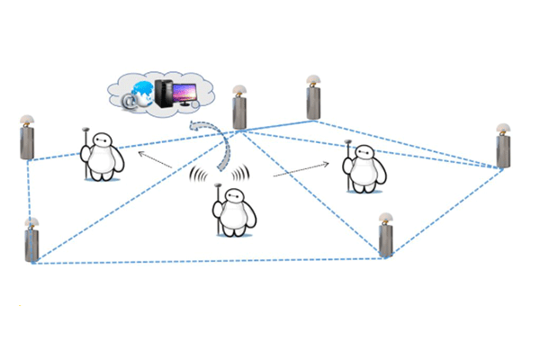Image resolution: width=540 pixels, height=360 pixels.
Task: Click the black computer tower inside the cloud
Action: pyautogui.click(x=163, y=93)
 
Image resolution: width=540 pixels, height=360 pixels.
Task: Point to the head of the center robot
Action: pyautogui.click(x=234, y=195)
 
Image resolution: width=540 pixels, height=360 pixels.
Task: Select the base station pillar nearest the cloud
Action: pyautogui.click(x=239, y=111)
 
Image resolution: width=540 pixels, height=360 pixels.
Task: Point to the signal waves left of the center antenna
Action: pyautogui.click(x=199, y=175)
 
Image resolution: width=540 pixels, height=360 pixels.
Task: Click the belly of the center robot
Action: pyautogui.click(x=235, y=217)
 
